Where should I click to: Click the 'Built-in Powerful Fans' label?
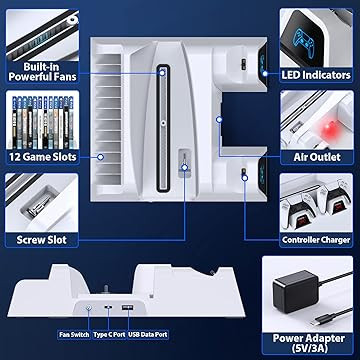pyautogui.click(x=43, y=72)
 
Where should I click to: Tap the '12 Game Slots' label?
pyautogui.click(x=43, y=157)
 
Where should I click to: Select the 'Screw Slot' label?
pyautogui.click(x=42, y=240)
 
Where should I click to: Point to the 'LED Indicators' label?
pyautogui.click(x=316, y=75)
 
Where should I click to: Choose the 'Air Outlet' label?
pyautogui.click(x=317, y=157)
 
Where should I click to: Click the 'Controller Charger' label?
pyautogui.click(x=316, y=240)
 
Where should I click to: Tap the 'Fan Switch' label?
pyautogui.click(x=74, y=334)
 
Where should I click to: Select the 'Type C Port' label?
pyautogui.click(x=109, y=334)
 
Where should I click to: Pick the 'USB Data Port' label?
pyautogui.click(x=148, y=334)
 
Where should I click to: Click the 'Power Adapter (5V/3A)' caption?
pyautogui.click(x=308, y=343)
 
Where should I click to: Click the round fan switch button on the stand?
pyautogui.click(x=89, y=308)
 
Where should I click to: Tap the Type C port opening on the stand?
pyautogui.click(x=108, y=308)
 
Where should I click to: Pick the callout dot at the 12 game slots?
pyautogui.click(x=100, y=157)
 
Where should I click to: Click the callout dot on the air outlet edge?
pyautogui.click(x=219, y=119)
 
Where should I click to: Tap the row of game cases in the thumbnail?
pyautogui.click(x=43, y=122)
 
